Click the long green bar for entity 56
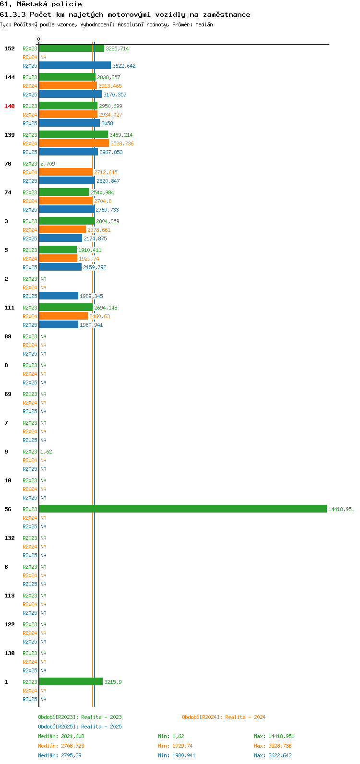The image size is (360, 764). (183, 509)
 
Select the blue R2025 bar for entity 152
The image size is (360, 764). (75, 65)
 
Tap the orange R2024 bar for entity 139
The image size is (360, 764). (74, 143)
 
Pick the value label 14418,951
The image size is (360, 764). (341, 509)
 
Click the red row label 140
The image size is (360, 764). (10, 106)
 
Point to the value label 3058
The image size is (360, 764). (107, 123)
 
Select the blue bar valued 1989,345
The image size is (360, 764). (59, 296)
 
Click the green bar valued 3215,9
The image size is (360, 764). (71, 681)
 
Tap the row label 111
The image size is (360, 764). (10, 308)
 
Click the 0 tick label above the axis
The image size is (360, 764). (38, 39)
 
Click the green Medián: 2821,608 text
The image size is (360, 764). (61, 736)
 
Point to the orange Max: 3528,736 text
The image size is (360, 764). (273, 746)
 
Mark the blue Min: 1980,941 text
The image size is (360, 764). (177, 755)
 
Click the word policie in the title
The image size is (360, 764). (67, 4)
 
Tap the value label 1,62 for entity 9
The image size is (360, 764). (47, 452)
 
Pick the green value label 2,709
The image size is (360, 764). (48, 164)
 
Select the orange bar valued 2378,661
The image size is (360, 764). (62, 229)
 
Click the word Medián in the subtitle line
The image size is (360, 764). (204, 24)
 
